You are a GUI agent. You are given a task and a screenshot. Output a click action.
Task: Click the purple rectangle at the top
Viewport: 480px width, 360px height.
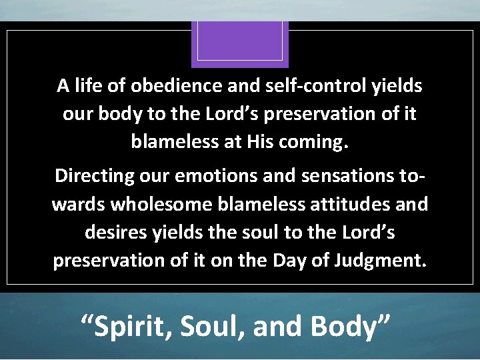(240, 43)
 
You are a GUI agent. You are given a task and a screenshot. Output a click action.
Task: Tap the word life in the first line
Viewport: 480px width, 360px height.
(91, 86)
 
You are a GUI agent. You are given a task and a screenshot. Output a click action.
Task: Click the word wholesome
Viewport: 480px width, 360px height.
(163, 204)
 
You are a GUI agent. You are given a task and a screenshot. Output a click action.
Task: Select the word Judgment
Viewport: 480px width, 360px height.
(379, 260)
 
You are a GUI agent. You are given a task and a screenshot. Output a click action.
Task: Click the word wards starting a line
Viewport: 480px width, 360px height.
(78, 204)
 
